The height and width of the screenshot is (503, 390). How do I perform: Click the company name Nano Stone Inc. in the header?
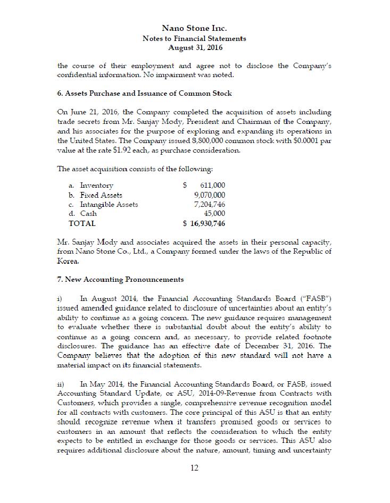[194, 28]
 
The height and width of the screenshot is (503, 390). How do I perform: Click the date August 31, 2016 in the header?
[194, 48]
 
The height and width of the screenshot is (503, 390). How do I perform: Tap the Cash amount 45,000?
[214, 214]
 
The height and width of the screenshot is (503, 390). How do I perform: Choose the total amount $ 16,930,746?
[204, 224]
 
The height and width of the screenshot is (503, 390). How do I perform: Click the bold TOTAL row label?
[82, 224]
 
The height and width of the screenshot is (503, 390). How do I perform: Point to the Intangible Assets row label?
[109, 204]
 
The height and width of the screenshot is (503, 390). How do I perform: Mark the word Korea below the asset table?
[68, 261]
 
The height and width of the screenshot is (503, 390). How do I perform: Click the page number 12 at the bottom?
[195, 468]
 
